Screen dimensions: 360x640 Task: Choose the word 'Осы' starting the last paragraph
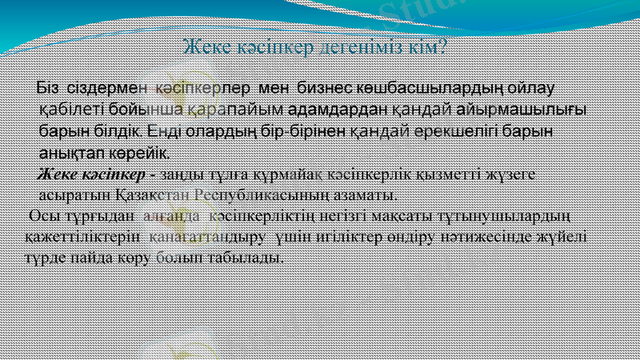(40, 217)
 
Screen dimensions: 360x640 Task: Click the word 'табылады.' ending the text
(254, 259)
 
